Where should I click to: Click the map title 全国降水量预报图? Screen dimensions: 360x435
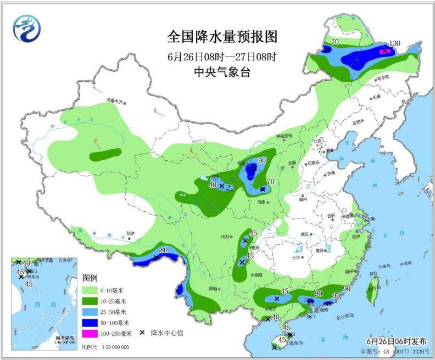pyautogui.click(x=222, y=37)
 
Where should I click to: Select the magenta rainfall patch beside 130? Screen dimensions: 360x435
pyautogui.click(x=386, y=51)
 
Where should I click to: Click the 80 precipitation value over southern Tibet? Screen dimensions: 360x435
pyautogui.click(x=164, y=251)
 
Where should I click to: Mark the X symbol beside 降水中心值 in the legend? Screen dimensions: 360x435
pyautogui.click(x=142, y=333)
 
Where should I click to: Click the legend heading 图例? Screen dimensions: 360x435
pyautogui.click(x=90, y=278)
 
